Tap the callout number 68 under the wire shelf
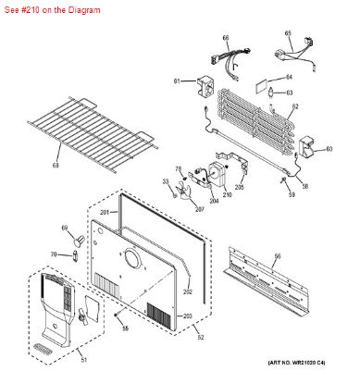tap(56, 166)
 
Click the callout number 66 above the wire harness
tap(225, 38)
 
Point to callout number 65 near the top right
tap(288, 33)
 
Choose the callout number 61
tap(176, 81)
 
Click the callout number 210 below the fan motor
tap(227, 195)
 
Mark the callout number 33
tap(167, 182)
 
